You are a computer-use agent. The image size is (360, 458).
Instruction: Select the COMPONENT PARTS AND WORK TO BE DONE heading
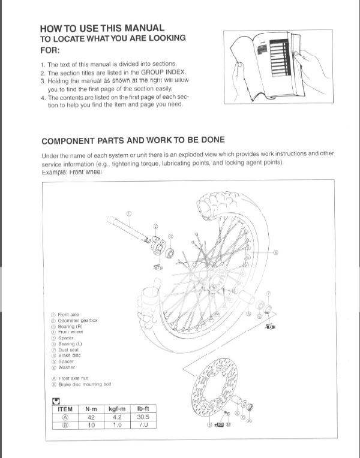click(133, 140)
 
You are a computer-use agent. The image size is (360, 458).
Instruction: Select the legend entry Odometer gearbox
click(77, 320)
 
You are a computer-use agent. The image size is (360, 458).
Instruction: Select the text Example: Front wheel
click(72, 172)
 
